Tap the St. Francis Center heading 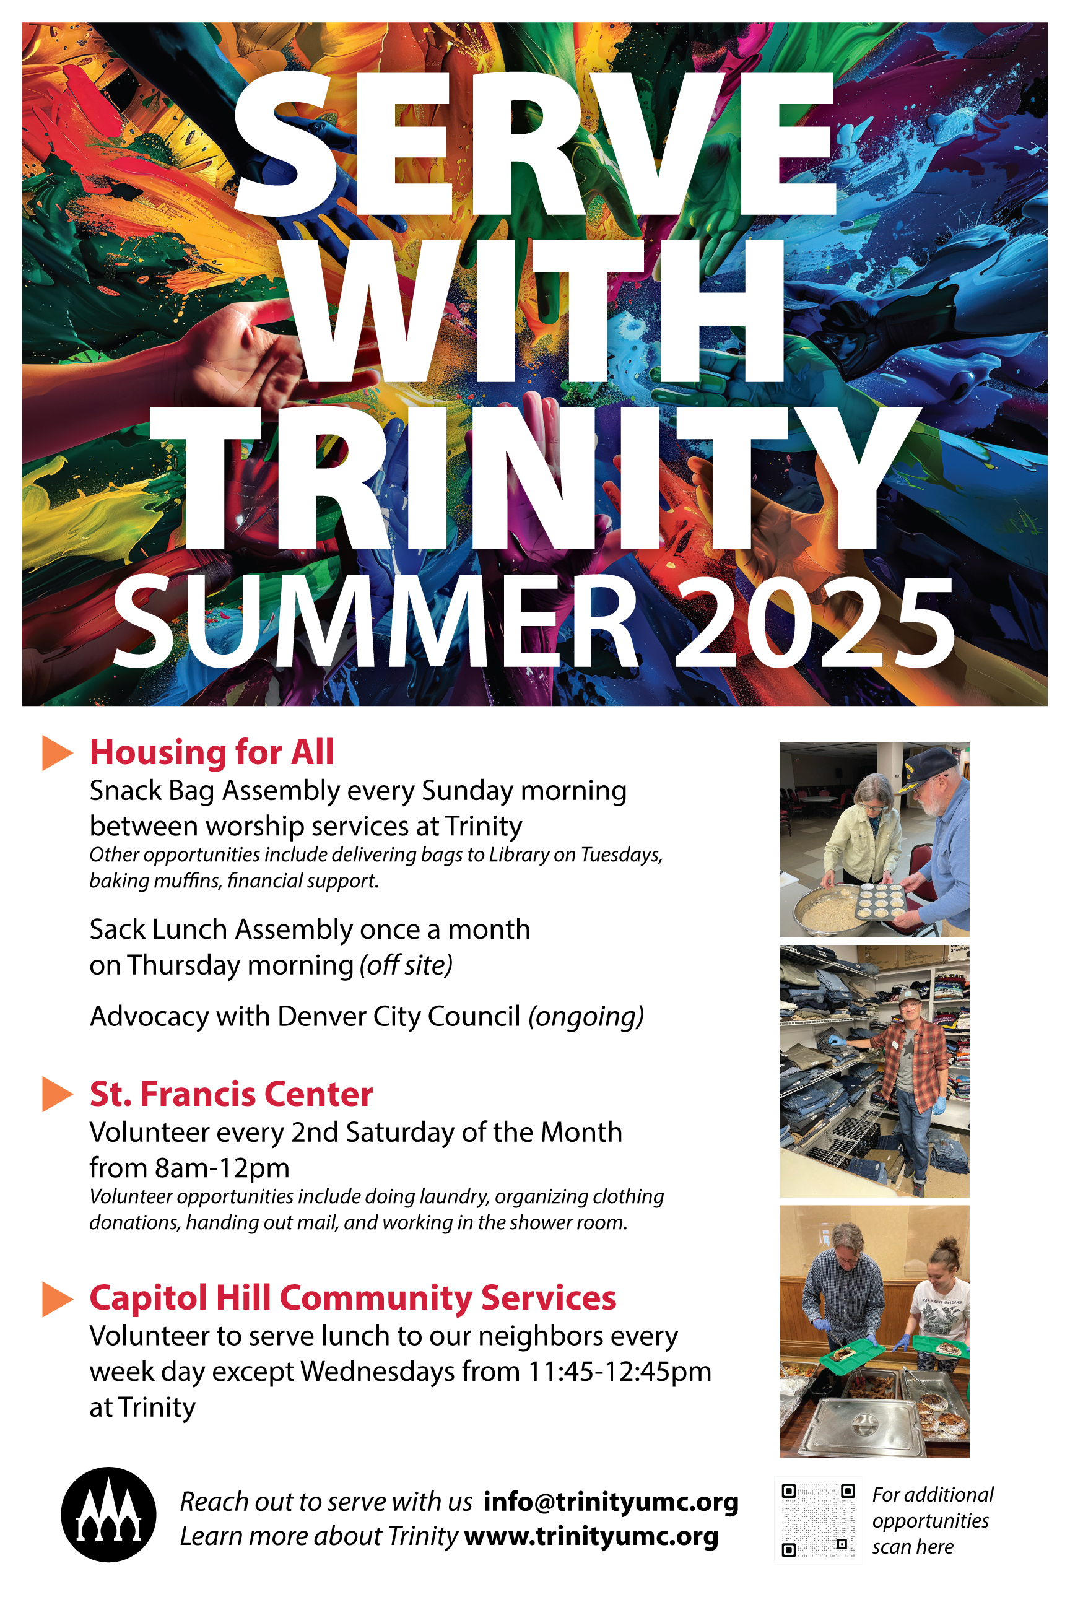[232, 1094]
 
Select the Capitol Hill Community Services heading [353, 1298]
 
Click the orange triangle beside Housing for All [58, 753]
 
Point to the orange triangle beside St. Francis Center [58, 1094]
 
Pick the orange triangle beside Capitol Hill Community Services [58, 1298]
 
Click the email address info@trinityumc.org [611, 1502]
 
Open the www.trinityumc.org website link [591, 1536]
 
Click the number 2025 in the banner [815, 622]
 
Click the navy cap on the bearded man [928, 769]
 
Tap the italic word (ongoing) [586, 1017]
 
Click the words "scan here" [912, 1546]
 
